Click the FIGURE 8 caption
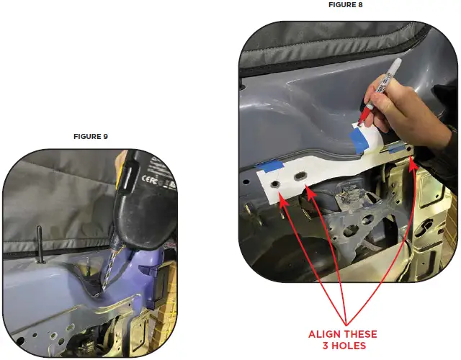tap(346, 6)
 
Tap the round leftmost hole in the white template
tap(276, 186)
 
